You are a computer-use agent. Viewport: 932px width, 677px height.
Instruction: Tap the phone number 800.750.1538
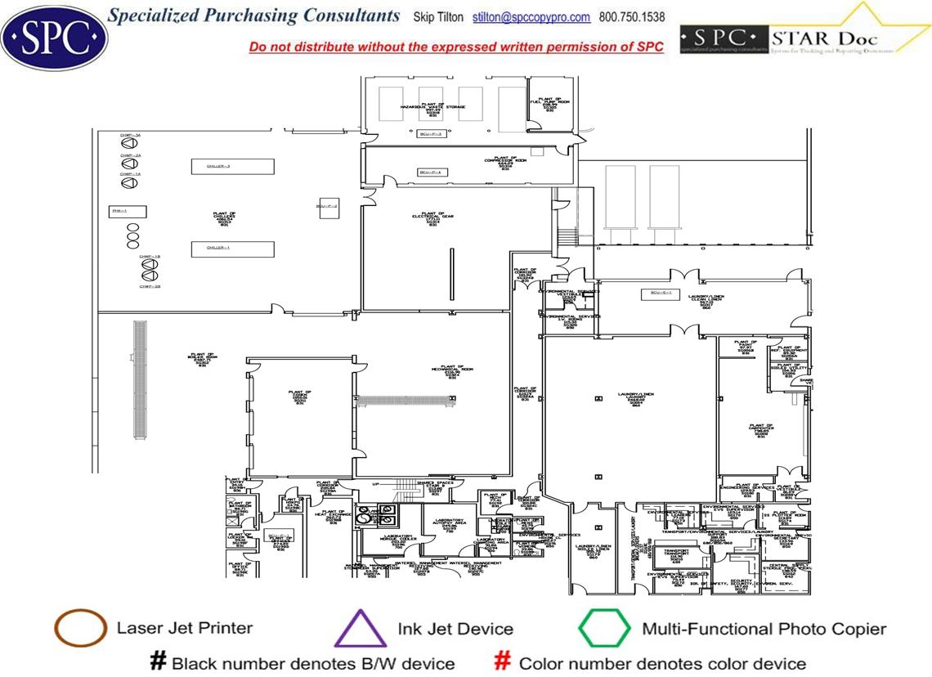point(632,17)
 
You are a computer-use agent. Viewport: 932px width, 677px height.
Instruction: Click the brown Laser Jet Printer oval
point(80,629)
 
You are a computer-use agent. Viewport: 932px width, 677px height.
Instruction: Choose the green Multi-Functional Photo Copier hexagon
point(604,629)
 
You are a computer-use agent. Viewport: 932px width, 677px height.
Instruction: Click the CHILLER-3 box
point(232,167)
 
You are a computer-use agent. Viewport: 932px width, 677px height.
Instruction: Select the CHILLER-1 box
point(232,249)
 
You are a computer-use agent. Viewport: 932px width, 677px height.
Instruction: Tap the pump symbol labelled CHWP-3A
point(129,144)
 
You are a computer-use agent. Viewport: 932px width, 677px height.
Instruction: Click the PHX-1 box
point(128,212)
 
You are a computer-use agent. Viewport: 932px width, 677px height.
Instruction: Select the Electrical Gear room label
point(432,218)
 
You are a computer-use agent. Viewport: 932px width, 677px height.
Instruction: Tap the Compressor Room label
point(505,164)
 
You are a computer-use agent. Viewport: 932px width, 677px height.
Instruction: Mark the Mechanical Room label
point(451,372)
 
